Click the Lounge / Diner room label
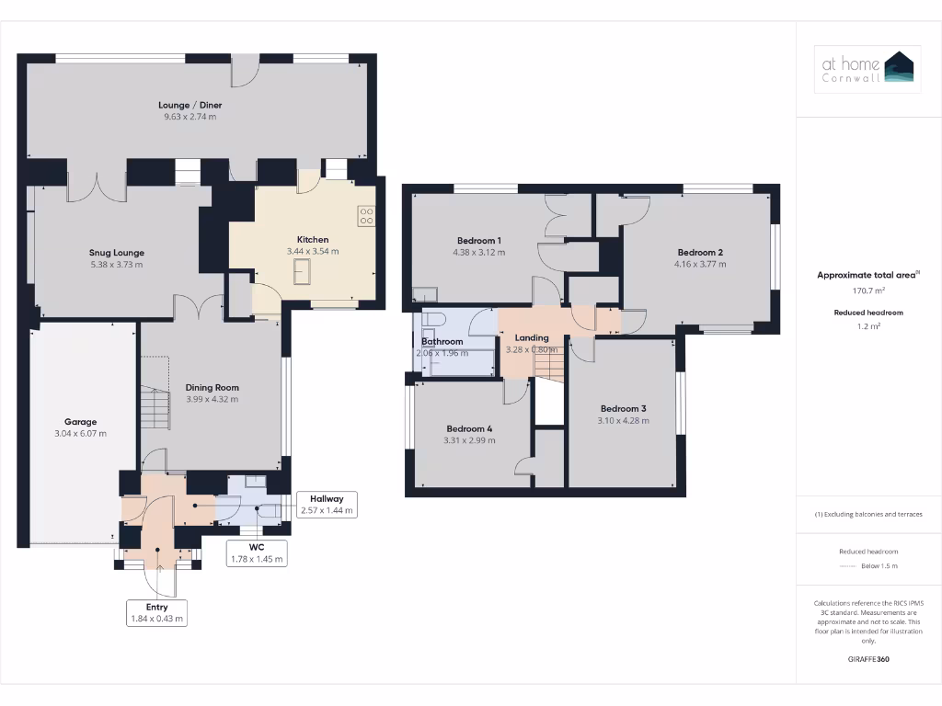[x=190, y=105]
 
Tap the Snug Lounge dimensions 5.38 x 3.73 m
[x=116, y=265]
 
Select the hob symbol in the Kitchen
[x=366, y=215]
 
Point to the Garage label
[x=81, y=422]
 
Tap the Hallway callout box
[x=327, y=504]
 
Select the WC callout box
[x=257, y=553]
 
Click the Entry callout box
[x=157, y=613]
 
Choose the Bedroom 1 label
[x=478, y=240]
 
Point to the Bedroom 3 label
[x=623, y=408]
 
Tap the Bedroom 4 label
[x=469, y=428]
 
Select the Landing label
[x=532, y=337]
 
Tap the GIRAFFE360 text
[x=868, y=659]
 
